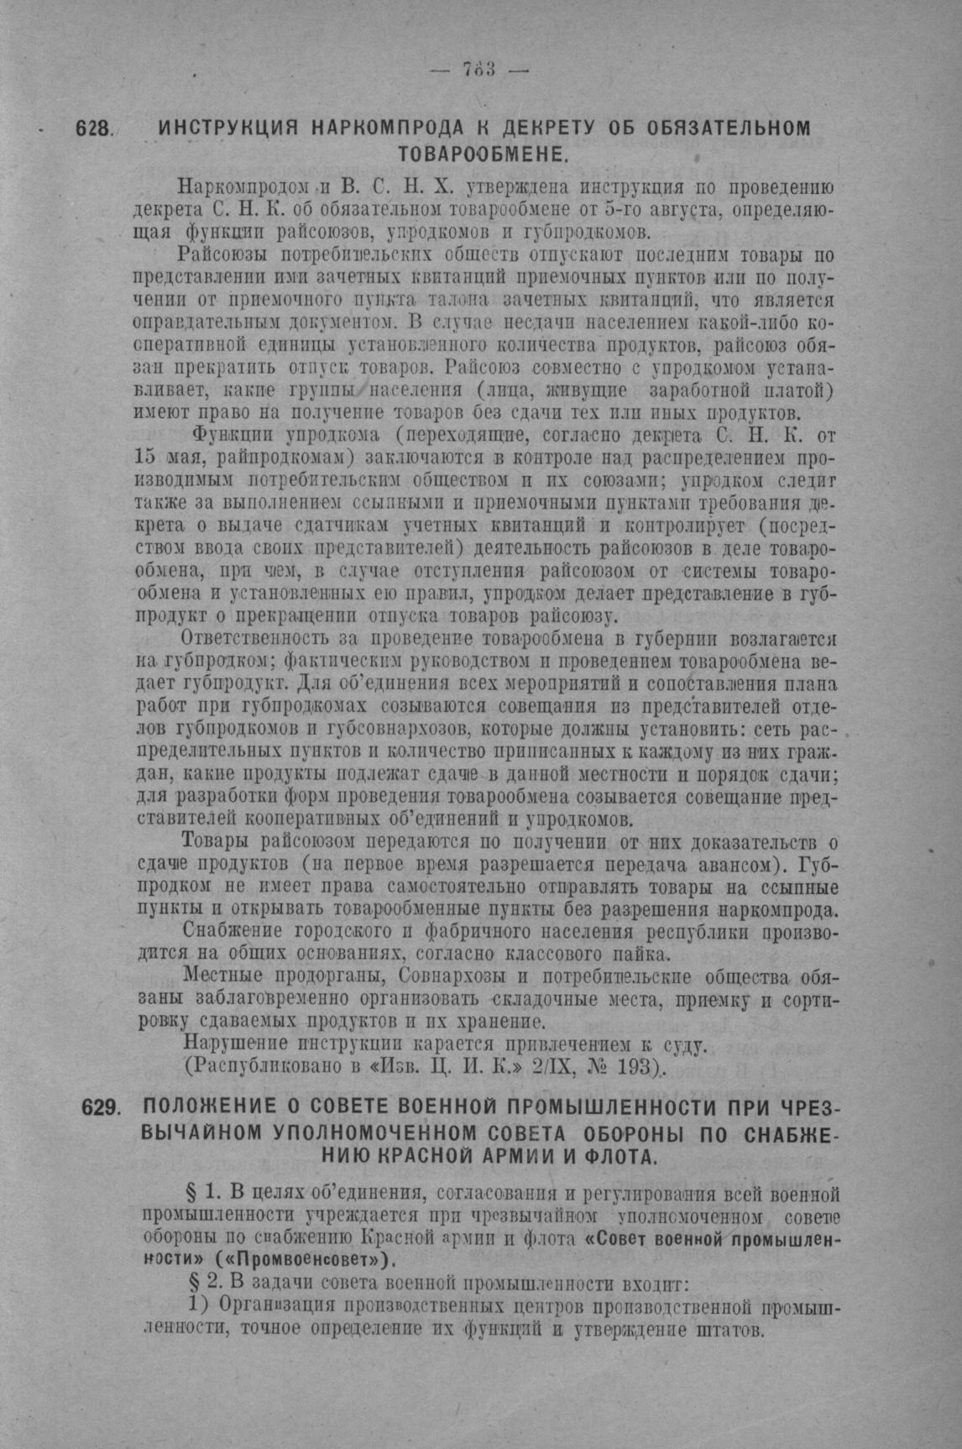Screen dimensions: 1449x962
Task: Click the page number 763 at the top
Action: click(479, 70)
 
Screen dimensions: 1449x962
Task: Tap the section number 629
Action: click(102, 1107)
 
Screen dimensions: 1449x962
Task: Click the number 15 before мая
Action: click(145, 458)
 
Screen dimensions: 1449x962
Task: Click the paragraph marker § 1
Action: click(202, 1193)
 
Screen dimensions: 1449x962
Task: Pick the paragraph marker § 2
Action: click(202, 1284)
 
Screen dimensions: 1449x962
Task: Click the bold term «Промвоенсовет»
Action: click(306, 1260)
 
